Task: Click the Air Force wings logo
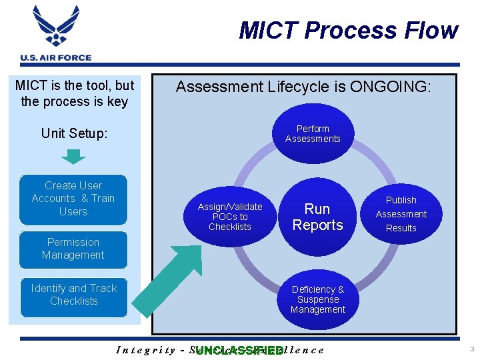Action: [56, 27]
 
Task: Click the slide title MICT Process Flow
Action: [348, 31]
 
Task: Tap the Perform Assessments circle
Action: [313, 134]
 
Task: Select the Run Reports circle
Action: [317, 217]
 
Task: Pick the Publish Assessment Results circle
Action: [401, 214]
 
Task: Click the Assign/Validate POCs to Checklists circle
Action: [230, 217]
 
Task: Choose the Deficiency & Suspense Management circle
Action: [318, 299]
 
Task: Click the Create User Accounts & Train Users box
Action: [73, 199]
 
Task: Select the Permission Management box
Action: [73, 249]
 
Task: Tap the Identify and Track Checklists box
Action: [73, 295]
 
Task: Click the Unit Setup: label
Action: [74, 133]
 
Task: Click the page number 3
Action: [471, 349]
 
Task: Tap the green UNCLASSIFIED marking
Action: [239, 351]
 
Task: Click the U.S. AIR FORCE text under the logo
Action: [56, 57]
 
